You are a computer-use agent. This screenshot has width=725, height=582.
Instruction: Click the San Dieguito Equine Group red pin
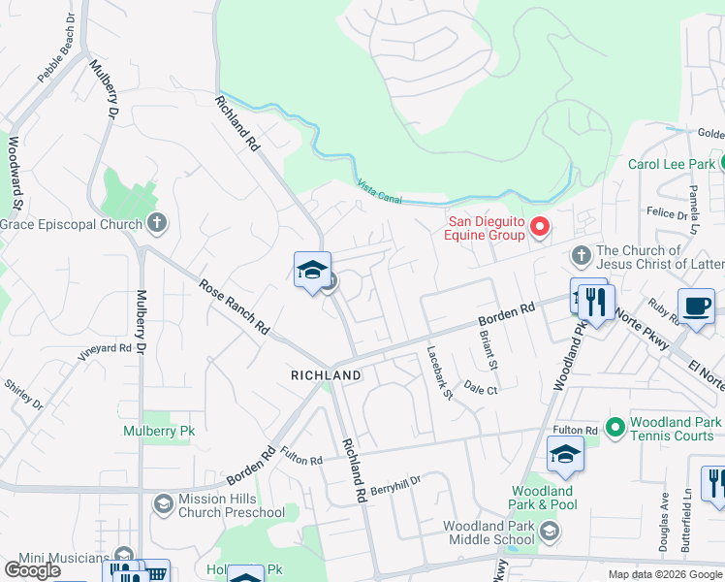coord(539,228)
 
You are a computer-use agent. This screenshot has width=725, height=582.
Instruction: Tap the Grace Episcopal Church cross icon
coord(157,224)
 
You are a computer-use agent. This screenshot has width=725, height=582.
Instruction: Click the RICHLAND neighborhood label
coord(326,374)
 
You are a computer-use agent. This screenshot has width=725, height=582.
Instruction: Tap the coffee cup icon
coord(696,305)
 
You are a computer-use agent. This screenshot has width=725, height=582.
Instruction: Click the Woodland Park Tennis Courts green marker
coord(615,426)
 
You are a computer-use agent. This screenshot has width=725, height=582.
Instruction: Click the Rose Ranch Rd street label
coord(234,307)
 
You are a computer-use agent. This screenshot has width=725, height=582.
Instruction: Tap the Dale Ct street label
coord(480,388)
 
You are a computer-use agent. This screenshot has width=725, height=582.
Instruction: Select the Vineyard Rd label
coord(104,347)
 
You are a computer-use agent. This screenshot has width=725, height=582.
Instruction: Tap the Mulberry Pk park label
coord(152,429)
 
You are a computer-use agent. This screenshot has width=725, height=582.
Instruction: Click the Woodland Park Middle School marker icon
coord(551,530)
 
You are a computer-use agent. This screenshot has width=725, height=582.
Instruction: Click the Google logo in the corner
coord(32,570)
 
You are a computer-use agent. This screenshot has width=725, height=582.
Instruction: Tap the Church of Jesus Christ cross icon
coord(581,255)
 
